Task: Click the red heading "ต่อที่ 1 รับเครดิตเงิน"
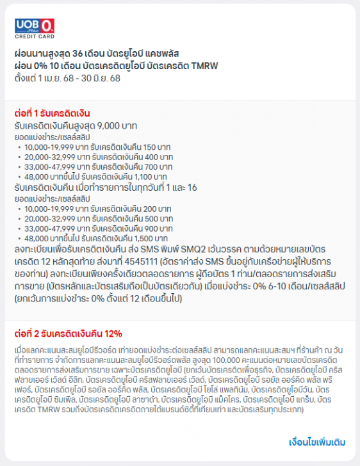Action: [52, 113]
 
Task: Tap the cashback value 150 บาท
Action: [158, 146]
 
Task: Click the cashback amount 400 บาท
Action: [158, 156]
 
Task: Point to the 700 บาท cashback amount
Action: [158, 166]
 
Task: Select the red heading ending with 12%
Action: [68, 333]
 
